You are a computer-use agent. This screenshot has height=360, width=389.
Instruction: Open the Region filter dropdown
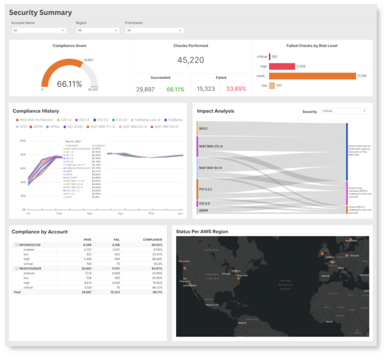pyautogui.click(x=97, y=30)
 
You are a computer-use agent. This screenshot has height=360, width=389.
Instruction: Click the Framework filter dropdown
pyautogui.click(x=154, y=30)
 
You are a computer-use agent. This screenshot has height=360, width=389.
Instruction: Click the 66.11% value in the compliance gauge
pyautogui.click(x=70, y=84)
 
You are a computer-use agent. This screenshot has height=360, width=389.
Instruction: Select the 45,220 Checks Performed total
pyautogui.click(x=191, y=60)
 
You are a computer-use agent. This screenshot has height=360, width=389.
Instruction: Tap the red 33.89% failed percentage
pyautogui.click(x=236, y=89)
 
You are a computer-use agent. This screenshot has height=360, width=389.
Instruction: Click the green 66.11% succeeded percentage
pyautogui.click(x=176, y=89)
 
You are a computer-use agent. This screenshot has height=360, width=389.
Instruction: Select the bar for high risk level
pyautogui.click(x=283, y=66)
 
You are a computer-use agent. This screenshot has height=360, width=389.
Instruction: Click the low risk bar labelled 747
pyautogui.click(x=272, y=86)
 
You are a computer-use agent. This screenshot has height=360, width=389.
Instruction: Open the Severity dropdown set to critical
pyautogui.click(x=344, y=111)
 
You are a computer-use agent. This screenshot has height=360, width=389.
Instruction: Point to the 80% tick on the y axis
pyautogui.click(x=22, y=155)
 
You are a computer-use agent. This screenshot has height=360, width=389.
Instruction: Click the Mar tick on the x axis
pyautogui.click(x=89, y=214)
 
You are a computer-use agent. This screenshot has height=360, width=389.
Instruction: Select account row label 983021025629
pyautogui.click(x=30, y=268)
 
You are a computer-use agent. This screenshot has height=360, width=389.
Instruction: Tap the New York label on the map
pyautogui.click(x=242, y=276)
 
